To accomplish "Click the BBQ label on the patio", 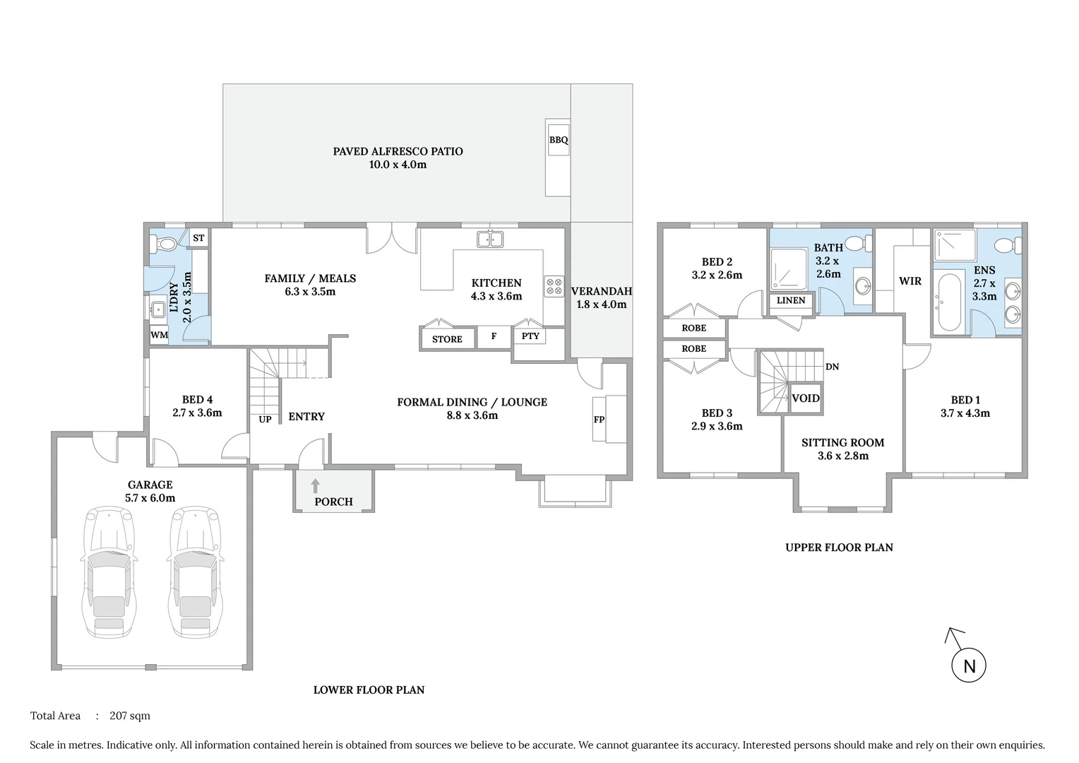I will pos(559,140).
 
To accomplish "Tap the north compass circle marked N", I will pos(969,666).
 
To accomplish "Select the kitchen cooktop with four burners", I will pos(554,286).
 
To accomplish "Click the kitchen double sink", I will pos(490,239).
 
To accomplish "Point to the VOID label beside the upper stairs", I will pos(805,398).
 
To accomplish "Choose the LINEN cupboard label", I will pos(791,300).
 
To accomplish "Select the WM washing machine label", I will pos(160,335).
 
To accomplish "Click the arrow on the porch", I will pos(316,486).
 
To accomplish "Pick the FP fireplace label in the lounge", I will pos(599,420).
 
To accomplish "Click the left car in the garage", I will pos(109,572).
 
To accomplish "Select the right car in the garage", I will pos(196,572).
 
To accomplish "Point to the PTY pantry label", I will pos(530,336).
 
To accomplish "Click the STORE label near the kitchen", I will pos(447,339).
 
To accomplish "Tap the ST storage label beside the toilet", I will pos(198,238).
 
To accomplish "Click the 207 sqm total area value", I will pos(130,716).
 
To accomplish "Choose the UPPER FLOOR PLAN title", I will pos(839,548).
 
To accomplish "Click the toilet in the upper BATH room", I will pos(857,244).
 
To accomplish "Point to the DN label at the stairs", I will pos(832,367).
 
